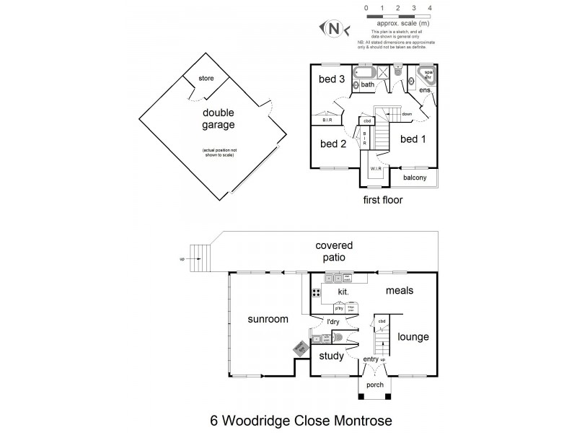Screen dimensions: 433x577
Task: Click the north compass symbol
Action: click(x=334, y=28)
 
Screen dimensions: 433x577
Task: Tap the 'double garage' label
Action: click(x=219, y=118)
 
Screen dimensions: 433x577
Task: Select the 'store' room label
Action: click(x=207, y=77)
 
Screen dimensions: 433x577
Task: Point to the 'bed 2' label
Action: click(x=333, y=144)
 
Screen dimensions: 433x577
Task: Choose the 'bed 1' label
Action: click(x=413, y=139)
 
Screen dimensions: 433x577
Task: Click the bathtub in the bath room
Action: click(x=366, y=72)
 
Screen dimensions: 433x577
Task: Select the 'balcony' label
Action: click(x=415, y=178)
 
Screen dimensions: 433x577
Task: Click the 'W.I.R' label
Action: click(x=376, y=170)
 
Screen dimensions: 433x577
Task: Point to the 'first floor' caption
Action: click(x=384, y=199)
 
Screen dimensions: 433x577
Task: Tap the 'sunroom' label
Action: click(x=268, y=319)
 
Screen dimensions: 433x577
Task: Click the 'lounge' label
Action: click(x=413, y=336)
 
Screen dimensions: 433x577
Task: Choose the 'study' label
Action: click(x=330, y=355)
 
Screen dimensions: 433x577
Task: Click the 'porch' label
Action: click(x=374, y=385)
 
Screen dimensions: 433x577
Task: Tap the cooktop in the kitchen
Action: click(x=316, y=293)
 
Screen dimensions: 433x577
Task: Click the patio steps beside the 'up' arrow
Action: click(x=198, y=258)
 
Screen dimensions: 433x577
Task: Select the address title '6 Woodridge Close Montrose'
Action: click(x=291, y=418)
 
